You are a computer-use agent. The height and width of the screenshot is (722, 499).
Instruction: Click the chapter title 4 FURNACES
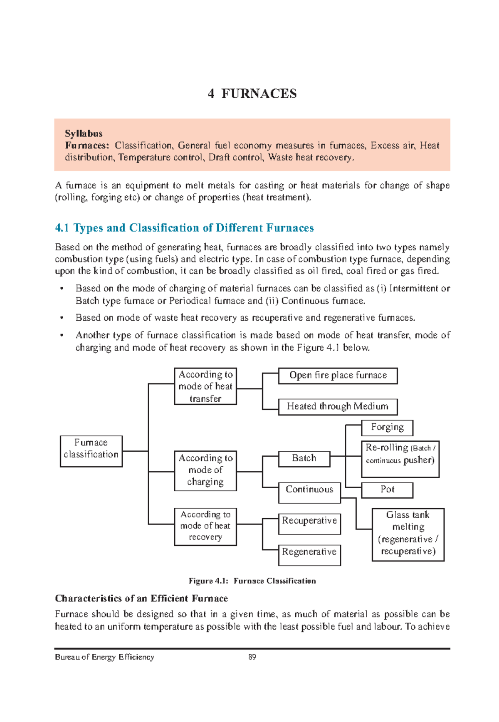coord(252,94)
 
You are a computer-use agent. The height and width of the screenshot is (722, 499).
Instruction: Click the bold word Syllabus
coord(84,134)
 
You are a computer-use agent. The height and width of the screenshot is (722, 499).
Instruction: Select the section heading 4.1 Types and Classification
coord(184,228)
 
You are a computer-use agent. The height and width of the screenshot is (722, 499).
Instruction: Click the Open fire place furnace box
coord(338,376)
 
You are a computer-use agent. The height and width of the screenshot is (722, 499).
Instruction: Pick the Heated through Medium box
coord(338,406)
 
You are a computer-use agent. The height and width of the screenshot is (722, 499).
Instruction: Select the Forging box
coord(387,428)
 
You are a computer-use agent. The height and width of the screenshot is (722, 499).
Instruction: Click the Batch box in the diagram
coord(304,459)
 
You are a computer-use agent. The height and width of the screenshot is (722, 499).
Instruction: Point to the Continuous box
coord(309,492)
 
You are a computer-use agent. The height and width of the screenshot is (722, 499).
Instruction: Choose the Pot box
coord(387,490)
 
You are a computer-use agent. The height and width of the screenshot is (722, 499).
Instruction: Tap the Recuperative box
coord(309,524)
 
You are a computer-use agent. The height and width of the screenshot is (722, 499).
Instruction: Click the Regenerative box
coord(309,555)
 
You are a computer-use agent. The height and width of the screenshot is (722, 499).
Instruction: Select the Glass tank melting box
coord(408,534)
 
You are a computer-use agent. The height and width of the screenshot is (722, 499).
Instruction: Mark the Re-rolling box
coord(400,459)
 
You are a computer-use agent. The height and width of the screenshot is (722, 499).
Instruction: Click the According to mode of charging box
coord(205,470)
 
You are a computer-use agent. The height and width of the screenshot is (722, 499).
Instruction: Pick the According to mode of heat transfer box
coord(205,386)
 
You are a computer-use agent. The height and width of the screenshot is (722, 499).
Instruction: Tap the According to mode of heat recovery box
coord(205,526)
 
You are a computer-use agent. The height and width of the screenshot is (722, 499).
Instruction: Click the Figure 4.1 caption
coord(252,581)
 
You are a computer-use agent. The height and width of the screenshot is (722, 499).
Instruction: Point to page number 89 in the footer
coord(252,657)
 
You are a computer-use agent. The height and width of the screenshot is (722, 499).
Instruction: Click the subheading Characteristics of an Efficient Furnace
coord(141,598)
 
